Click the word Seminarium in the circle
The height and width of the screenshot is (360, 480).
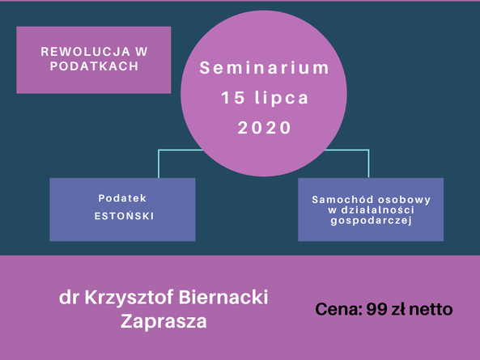pos(264,68)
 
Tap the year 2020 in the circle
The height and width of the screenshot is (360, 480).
pos(265,128)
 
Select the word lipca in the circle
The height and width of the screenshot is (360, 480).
pos(282,99)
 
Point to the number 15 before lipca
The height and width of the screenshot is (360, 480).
pos(233,98)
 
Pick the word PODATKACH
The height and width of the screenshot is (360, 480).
pos(94,66)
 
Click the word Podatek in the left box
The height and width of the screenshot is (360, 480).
pos(122,198)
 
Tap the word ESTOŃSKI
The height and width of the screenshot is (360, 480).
pos(124,216)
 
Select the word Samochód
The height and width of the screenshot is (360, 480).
pos(343,200)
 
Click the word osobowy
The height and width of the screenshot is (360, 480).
pos(405,201)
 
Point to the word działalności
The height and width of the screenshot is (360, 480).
pos(377,210)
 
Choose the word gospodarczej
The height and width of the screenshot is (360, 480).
pos(371,221)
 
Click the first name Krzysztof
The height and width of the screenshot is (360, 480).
pos(130,297)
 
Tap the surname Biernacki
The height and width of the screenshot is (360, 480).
pos(223,297)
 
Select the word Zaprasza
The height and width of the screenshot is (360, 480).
pos(164,321)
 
